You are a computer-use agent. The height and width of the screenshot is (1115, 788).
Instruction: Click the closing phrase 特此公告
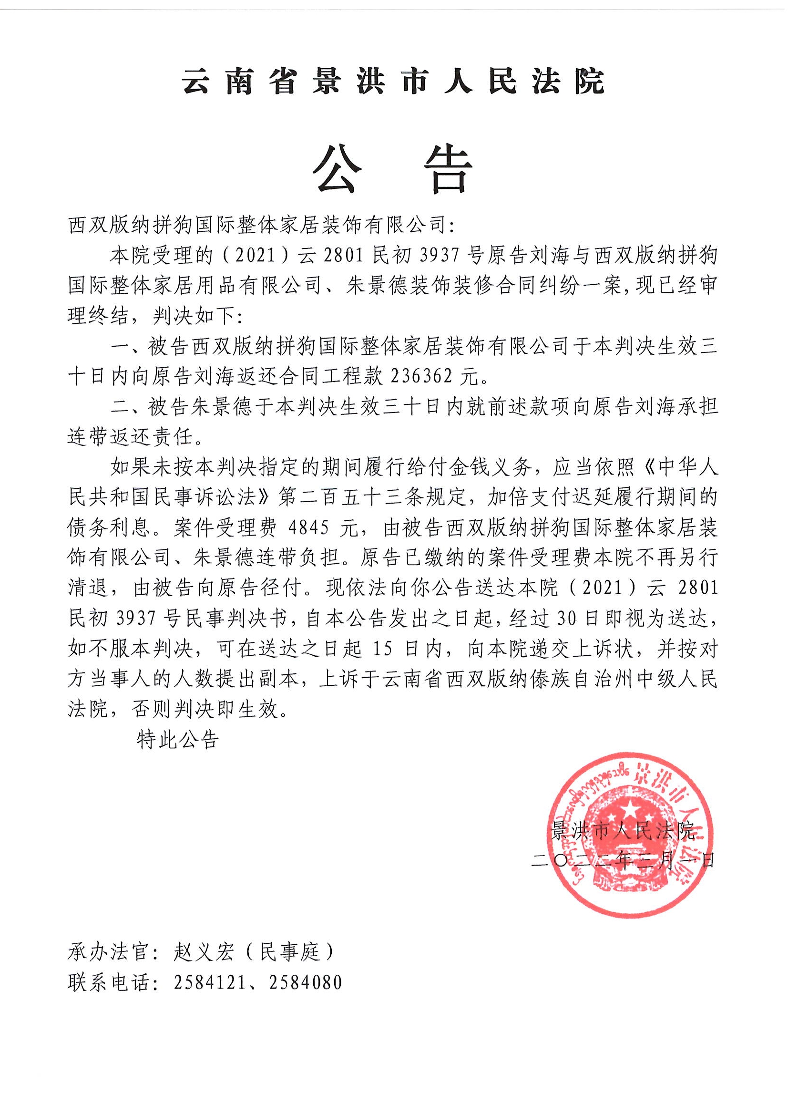tap(178, 740)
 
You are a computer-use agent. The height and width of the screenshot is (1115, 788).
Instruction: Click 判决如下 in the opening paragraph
tap(194, 317)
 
